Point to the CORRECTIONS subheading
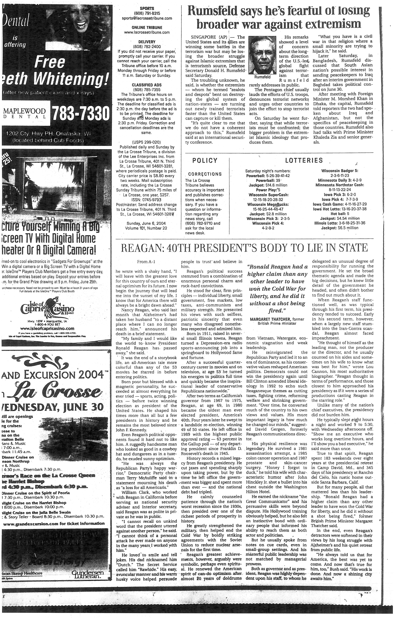205,174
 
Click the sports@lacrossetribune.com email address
147,18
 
